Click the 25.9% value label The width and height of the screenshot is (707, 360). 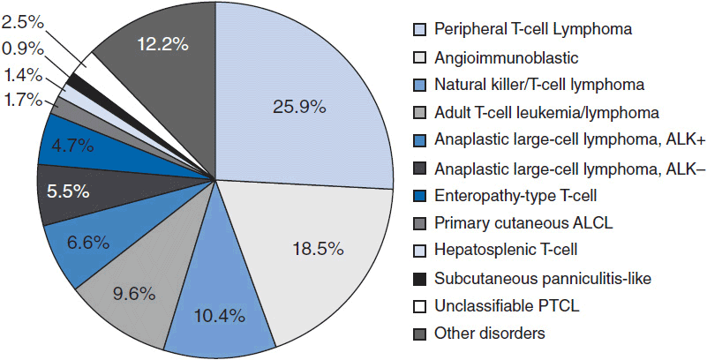pyautogui.click(x=301, y=108)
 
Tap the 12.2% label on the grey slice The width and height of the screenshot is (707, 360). pyautogui.click(x=161, y=43)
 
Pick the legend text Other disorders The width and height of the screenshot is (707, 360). pyautogui.click(x=484, y=333)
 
